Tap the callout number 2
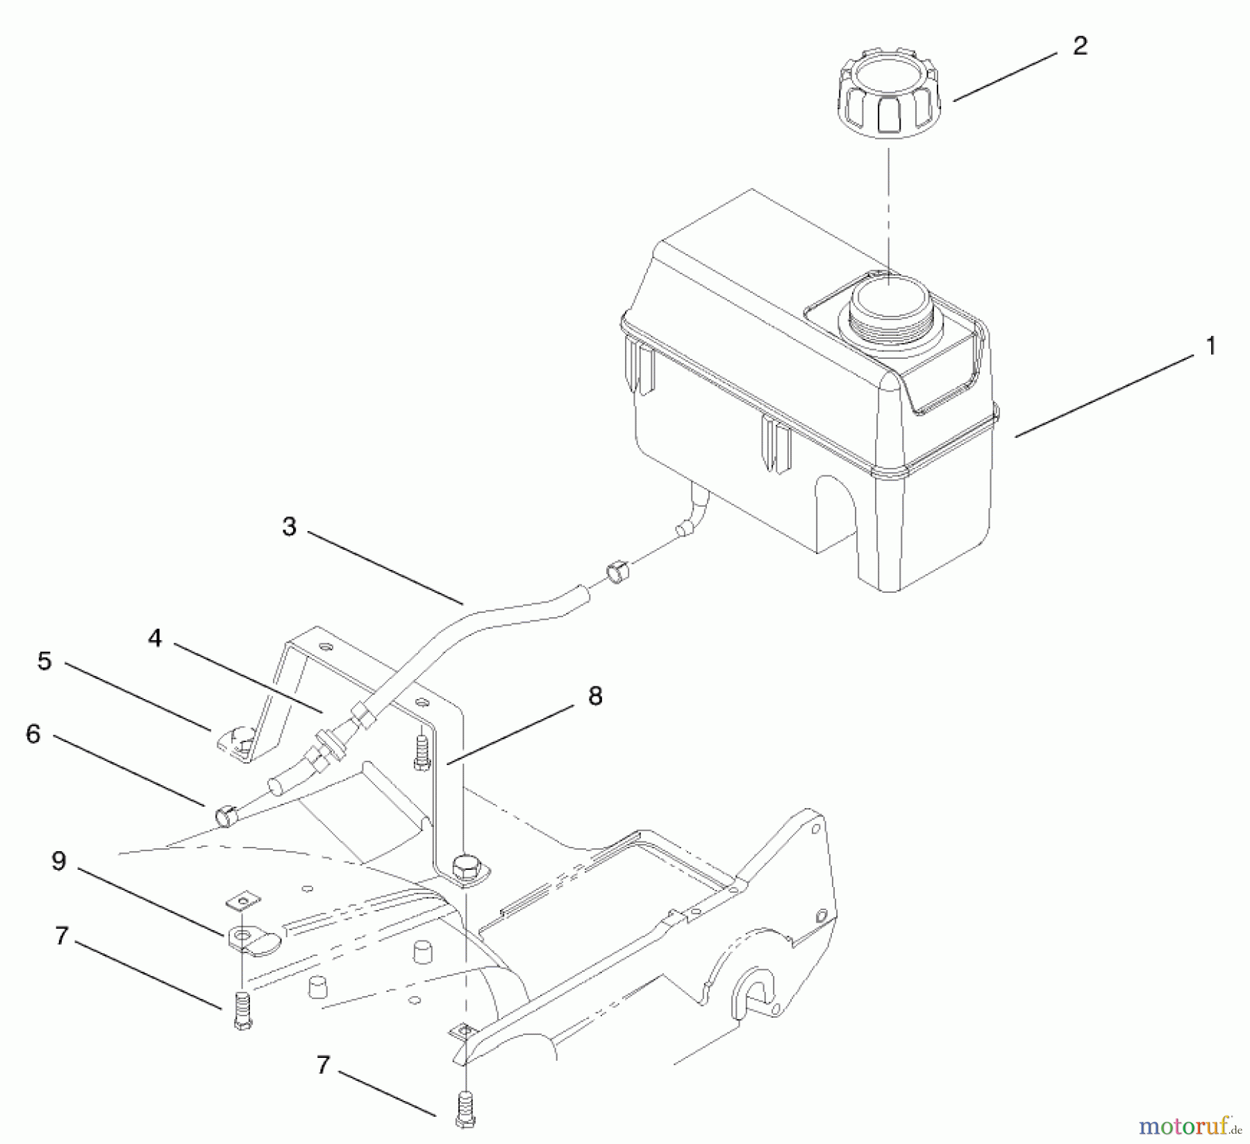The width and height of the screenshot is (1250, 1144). point(1080,46)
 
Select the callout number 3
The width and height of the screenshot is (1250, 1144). point(289,526)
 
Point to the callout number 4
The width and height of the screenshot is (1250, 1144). point(155,638)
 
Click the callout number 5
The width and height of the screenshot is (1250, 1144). point(44,661)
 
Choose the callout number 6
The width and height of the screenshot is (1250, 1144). point(33,734)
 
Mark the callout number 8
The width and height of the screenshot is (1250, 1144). point(595,696)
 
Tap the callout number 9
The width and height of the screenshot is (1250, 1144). point(59,861)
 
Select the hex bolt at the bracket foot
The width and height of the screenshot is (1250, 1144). point(463,868)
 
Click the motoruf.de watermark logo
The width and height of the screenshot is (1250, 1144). point(1190,1125)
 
